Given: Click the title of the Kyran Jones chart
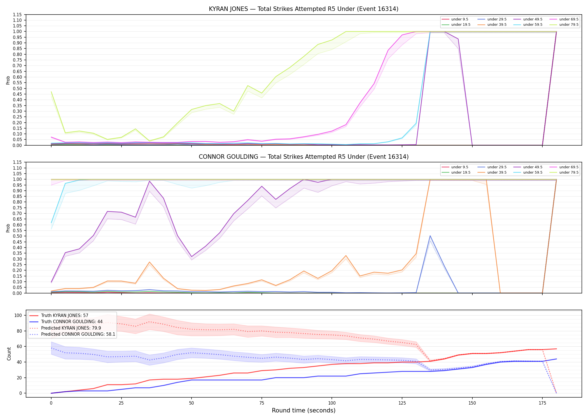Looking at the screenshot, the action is pos(304,9).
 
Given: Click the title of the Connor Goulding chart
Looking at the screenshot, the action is pos(304,157).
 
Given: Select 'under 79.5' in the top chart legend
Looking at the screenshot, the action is pos(569,25).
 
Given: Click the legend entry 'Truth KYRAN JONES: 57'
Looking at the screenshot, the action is pos(65,316).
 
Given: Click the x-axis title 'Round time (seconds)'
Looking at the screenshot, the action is pos(304,410).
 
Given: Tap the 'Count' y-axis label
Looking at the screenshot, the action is pos(9,354).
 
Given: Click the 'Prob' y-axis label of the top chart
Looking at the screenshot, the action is pos(8,80).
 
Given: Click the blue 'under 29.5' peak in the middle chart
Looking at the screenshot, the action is pos(430,236).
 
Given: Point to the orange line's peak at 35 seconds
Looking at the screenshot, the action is pos(150,262).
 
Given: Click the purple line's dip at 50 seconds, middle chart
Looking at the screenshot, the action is pos(192,257).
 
